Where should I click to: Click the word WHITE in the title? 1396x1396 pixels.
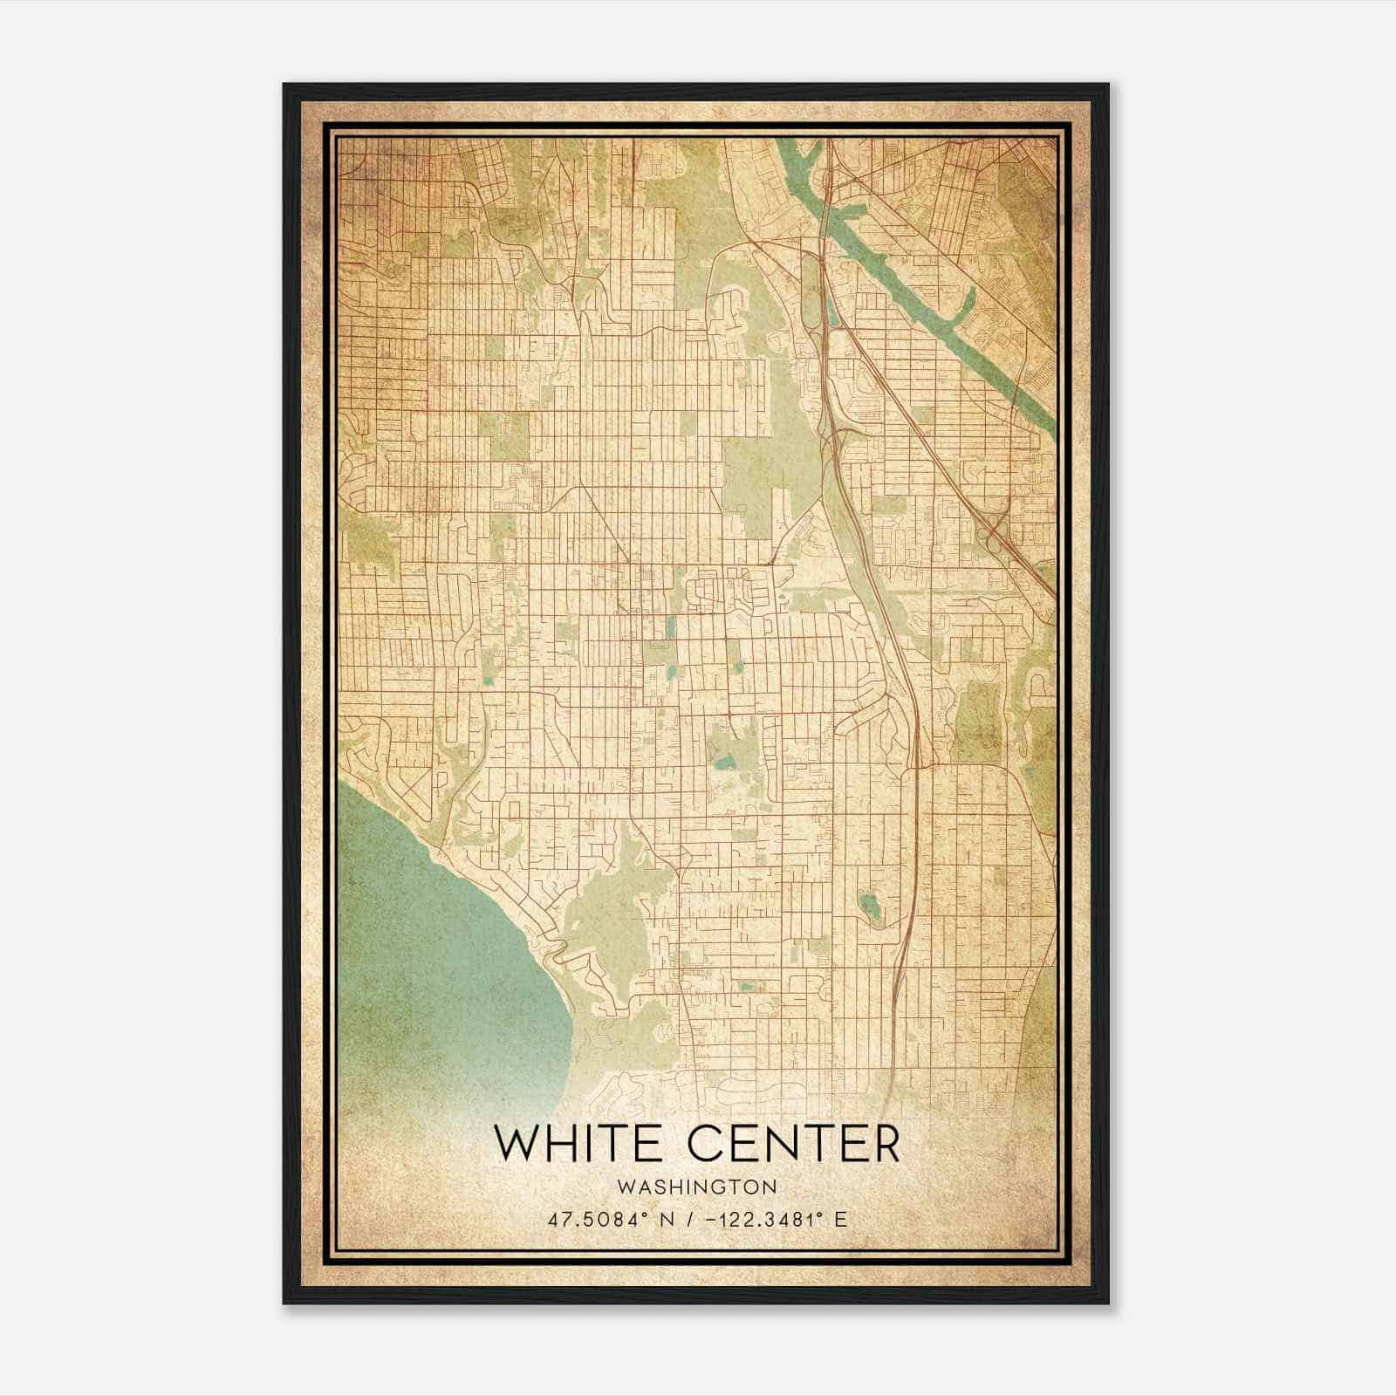[x=575, y=1144]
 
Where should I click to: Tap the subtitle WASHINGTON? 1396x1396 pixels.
[x=696, y=1187]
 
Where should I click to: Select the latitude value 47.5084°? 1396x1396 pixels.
[x=595, y=1220]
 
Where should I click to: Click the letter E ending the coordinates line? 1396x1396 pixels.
[x=841, y=1220]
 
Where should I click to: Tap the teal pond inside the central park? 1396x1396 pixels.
[x=722, y=763]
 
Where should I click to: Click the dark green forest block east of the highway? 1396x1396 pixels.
[x=977, y=720]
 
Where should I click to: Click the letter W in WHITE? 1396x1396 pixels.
[x=517, y=1144]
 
